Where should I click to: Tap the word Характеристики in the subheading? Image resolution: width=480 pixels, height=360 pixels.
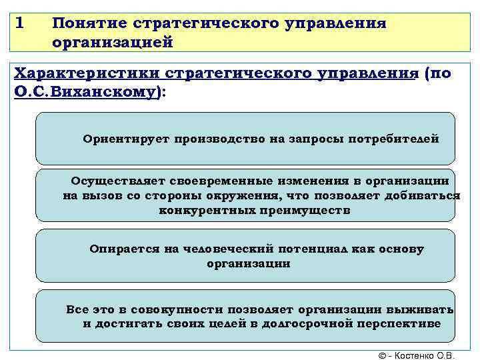pos(87,73)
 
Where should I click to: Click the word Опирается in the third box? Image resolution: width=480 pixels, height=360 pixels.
pos(123,249)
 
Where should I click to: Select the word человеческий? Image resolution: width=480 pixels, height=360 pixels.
pos(217,249)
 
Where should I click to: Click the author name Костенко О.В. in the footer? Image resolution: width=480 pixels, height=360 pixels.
pos(431,355)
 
